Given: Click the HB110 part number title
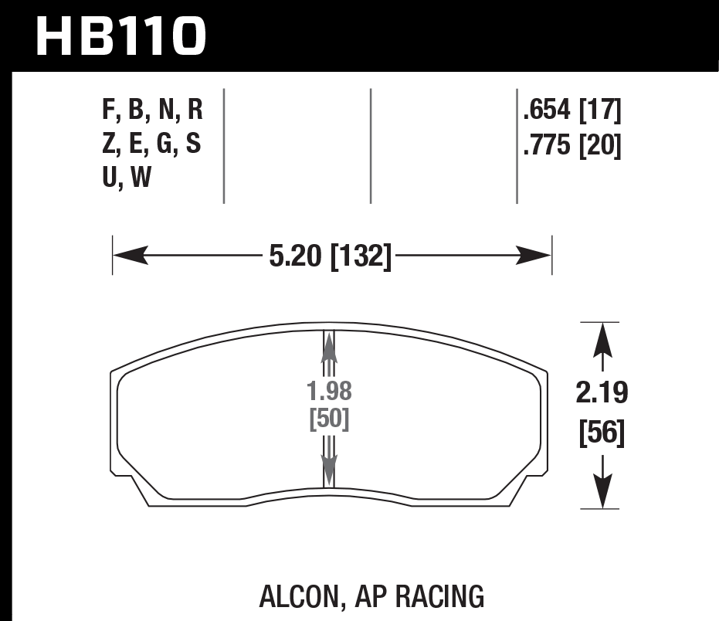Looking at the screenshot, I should (x=121, y=36).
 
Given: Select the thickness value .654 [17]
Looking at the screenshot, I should (x=571, y=112).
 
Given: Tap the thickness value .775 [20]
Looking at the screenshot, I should (x=571, y=145).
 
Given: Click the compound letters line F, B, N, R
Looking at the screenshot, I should (x=151, y=112).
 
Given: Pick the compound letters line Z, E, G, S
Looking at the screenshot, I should (x=151, y=145).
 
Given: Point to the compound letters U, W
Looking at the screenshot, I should (x=127, y=178).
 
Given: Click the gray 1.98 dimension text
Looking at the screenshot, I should (x=329, y=392).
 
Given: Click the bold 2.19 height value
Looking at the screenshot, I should (x=602, y=393).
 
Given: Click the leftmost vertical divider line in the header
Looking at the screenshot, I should (x=224, y=145).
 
